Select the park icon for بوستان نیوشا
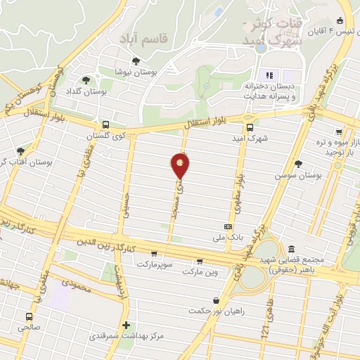click(136, 60)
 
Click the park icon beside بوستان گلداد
click(86, 80)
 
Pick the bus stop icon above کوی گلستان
click(105, 123)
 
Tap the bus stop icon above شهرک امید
click(250, 127)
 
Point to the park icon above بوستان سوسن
click(299, 163)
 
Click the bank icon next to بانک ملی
click(227, 226)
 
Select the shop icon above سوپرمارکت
click(154, 254)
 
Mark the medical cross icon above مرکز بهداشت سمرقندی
click(127, 325)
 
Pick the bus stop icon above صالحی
click(29, 317)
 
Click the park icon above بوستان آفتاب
click(20, 150)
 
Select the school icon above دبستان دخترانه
click(268, 75)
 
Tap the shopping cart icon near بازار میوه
click(339, 131)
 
